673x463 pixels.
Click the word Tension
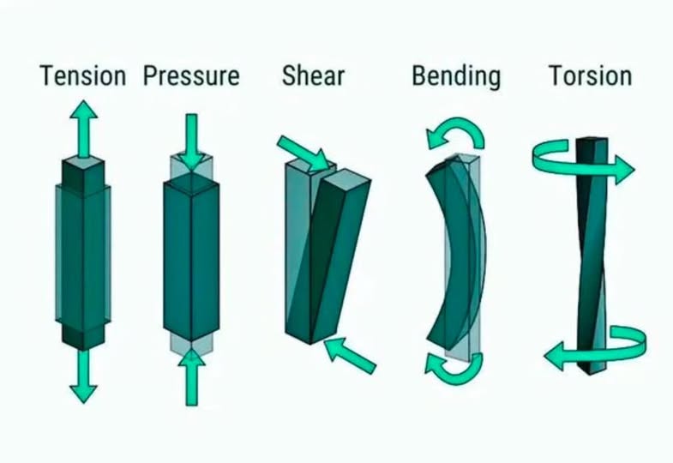click(x=82, y=75)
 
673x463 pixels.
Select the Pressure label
click(x=191, y=75)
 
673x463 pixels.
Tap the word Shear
click(x=313, y=75)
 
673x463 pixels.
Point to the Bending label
click(x=455, y=75)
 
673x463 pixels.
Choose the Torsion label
click(x=590, y=75)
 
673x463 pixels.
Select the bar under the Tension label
click(x=83, y=253)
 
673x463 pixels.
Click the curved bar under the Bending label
click(x=453, y=253)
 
